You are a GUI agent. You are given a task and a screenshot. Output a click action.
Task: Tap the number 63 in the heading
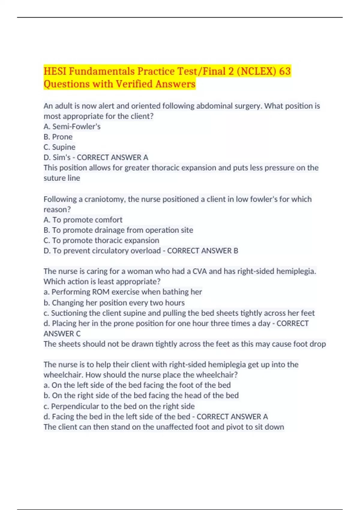pyautogui.click(x=285, y=71)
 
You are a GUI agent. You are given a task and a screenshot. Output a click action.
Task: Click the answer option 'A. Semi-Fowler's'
pyautogui.click(x=72, y=127)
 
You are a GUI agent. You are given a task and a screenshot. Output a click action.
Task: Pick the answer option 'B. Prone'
pyautogui.click(x=58, y=137)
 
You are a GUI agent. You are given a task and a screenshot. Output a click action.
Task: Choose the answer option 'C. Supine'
pyautogui.click(x=59, y=147)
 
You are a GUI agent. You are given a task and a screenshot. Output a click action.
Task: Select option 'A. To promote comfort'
pyautogui.click(x=83, y=220)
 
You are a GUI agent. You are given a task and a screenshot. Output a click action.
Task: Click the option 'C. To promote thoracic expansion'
pyautogui.click(x=101, y=240)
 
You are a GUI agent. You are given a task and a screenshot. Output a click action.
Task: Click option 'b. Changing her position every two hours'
pyautogui.click(x=114, y=302)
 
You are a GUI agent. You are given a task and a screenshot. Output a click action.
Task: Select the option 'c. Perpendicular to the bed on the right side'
pyautogui.click(x=119, y=406)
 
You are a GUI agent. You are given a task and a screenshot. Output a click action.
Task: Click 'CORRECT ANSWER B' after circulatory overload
pyautogui.click(x=202, y=251)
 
